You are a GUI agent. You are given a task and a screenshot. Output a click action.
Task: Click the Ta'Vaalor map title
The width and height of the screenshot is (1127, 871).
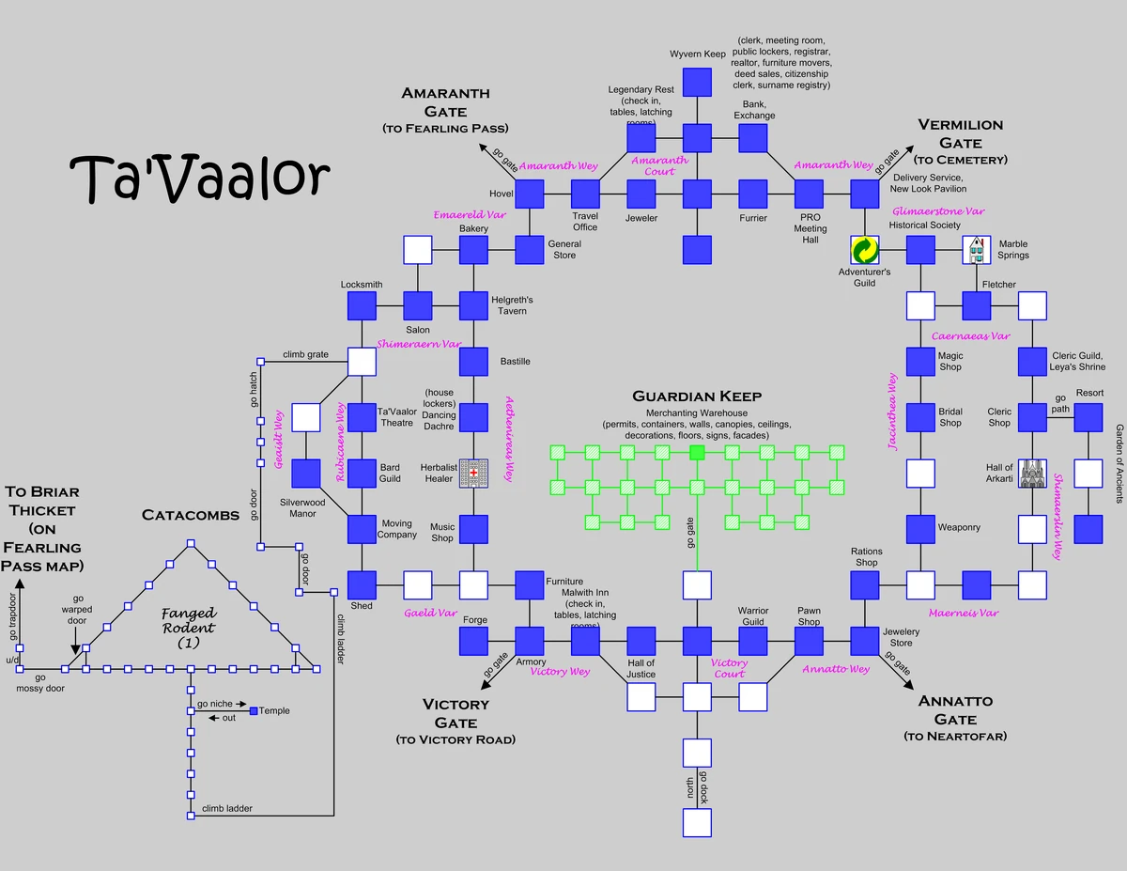200,176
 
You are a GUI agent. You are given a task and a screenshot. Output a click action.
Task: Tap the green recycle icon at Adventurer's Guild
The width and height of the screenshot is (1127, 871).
864,250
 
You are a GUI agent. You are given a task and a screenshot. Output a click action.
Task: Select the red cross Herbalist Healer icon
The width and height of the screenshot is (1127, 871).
473,474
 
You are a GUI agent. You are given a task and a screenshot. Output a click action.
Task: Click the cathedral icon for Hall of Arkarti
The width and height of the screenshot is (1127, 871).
1033,474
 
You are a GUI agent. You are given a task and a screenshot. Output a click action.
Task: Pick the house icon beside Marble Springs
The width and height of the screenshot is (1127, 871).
977,250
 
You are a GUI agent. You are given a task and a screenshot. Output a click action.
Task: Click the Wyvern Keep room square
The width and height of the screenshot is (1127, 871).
697,82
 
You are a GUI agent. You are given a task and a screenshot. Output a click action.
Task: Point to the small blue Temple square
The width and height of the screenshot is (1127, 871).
253,711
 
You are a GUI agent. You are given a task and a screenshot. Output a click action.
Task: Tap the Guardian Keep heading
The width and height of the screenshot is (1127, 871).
697,397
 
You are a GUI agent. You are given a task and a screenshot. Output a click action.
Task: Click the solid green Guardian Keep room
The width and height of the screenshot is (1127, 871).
697,453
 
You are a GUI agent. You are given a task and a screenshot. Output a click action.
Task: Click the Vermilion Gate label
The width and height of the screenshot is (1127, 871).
960,142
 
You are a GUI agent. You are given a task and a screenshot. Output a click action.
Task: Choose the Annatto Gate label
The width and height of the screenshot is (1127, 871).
955,719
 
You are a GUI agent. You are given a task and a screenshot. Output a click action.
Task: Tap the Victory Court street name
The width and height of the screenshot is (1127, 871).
729,668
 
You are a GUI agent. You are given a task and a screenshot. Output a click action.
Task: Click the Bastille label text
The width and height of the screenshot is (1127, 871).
515,362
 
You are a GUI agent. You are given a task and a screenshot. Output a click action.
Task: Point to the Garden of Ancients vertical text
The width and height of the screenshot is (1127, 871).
1119,463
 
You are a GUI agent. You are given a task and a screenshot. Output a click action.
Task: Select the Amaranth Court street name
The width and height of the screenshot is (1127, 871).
659,165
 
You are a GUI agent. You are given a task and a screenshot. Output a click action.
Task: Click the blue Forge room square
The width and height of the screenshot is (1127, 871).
474,641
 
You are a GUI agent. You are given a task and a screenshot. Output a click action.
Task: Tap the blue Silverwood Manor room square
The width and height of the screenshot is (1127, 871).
306,474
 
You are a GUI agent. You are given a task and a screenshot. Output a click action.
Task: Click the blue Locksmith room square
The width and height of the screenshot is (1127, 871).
362,305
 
